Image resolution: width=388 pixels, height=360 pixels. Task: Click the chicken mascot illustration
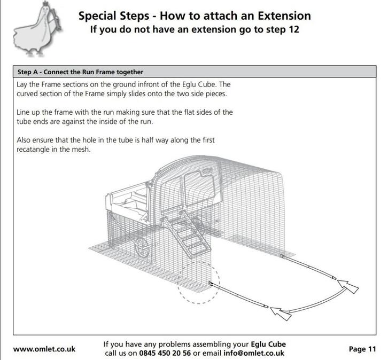pyautogui.click(x=37, y=29)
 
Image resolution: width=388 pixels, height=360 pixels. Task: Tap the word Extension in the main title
pyautogui.click(x=284, y=16)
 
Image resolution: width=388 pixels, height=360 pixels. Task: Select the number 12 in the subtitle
pyautogui.click(x=294, y=29)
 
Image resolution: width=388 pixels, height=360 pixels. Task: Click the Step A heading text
pyautogui.click(x=80, y=72)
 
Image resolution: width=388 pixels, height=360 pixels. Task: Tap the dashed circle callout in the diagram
pyautogui.click(x=198, y=282)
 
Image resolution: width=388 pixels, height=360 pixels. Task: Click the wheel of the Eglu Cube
pyautogui.click(x=142, y=247)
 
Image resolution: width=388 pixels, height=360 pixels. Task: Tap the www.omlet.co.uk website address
pyautogui.click(x=44, y=349)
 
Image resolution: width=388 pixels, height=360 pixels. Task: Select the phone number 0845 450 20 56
pyautogui.click(x=165, y=353)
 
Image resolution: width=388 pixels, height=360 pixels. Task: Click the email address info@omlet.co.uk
pyautogui.click(x=254, y=353)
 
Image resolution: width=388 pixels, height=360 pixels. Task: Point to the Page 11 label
pyautogui.click(x=362, y=349)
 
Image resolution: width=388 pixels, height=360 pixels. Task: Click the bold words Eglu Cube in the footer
pyautogui.click(x=268, y=344)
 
